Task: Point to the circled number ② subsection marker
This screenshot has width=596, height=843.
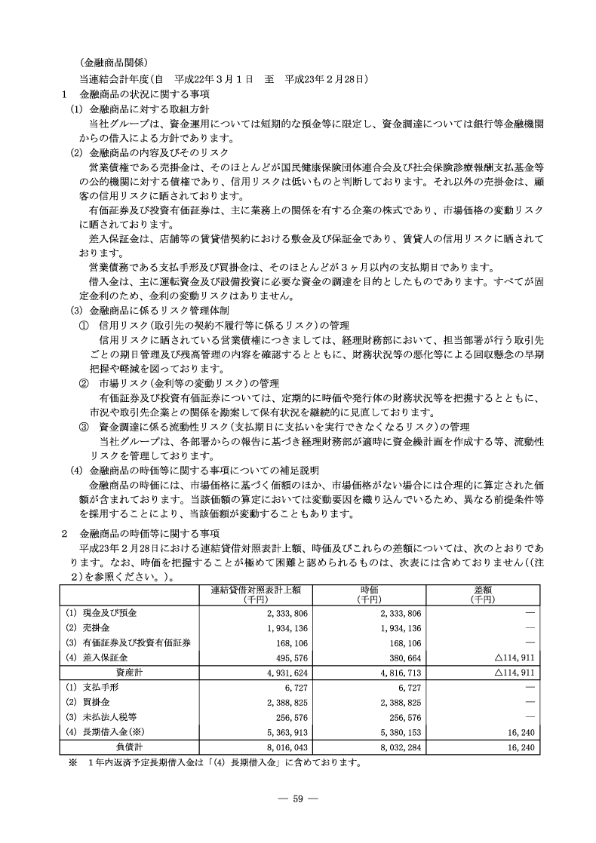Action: tap(84, 383)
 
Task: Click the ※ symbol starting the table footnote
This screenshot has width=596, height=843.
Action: tap(73, 763)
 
